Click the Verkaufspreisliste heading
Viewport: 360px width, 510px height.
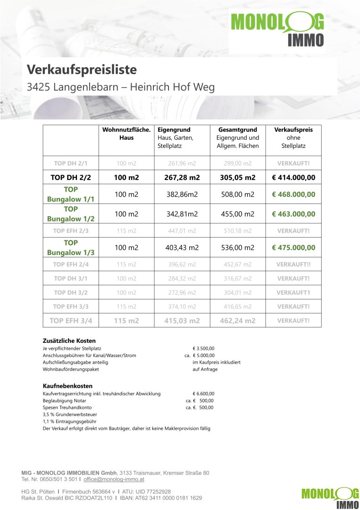tap(82, 70)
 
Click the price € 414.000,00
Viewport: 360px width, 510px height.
tap(293, 178)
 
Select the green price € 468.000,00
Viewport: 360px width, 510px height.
tap(293, 195)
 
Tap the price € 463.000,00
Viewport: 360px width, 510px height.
tap(293, 214)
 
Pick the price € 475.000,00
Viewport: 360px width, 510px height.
tap(293, 247)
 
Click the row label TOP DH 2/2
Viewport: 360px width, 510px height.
tap(70, 178)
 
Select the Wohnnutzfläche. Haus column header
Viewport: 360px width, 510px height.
tap(126, 134)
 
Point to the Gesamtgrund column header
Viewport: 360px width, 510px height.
tap(238, 129)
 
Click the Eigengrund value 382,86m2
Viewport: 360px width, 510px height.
tap(182, 195)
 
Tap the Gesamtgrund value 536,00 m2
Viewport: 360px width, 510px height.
tap(238, 247)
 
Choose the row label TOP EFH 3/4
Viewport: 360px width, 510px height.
tap(71, 321)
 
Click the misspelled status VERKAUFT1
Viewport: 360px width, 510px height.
tap(293, 292)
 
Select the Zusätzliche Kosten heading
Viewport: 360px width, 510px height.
tap(69, 340)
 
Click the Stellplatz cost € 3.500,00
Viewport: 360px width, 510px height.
tap(203, 348)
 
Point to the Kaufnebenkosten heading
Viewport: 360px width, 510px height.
tap(67, 386)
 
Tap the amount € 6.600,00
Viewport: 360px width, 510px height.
tap(203, 393)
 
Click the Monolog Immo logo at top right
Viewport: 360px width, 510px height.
tap(277, 29)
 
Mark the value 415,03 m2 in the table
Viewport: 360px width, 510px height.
tap(182, 321)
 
